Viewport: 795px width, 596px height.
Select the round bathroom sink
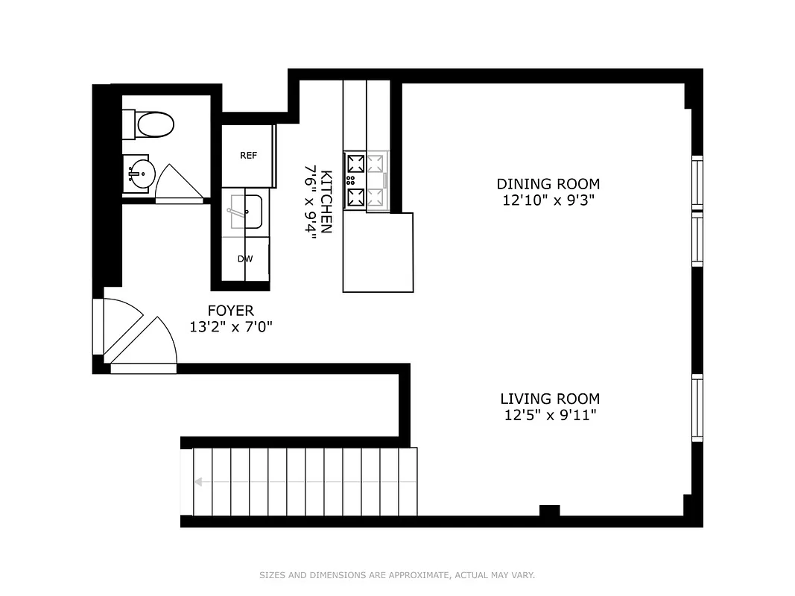139,175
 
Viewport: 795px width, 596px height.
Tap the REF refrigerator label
248,156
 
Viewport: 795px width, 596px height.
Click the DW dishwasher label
244,259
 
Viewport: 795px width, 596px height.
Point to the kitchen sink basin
245,212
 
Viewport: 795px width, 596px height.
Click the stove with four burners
366,180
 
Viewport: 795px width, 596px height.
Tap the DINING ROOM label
548,184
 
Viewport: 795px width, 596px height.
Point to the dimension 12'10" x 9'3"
548,200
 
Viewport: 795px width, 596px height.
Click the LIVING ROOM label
549,399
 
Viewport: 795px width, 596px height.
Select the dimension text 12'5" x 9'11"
549,416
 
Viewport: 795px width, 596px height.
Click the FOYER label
230,311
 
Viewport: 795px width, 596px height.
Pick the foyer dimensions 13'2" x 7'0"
230,327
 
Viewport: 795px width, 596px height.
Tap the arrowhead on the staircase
200,482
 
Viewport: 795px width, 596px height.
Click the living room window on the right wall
697,408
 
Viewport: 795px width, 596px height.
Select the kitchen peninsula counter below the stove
378,253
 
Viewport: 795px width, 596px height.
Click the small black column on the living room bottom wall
549,511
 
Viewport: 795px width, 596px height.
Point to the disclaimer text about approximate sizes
397,575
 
